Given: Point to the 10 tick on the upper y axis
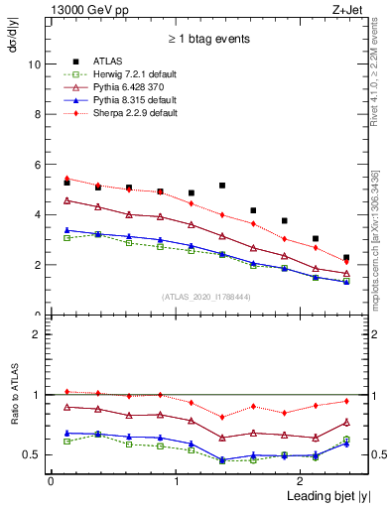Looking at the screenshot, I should (34, 63).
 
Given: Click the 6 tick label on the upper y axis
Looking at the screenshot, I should (37, 165).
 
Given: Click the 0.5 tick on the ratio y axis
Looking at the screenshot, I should (32, 455).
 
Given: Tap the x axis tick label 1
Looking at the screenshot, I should (176, 481).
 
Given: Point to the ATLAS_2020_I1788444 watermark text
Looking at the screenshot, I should (204, 297).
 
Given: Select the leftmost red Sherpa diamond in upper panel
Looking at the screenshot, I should (66, 179).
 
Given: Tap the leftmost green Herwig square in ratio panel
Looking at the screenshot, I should (66, 441).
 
